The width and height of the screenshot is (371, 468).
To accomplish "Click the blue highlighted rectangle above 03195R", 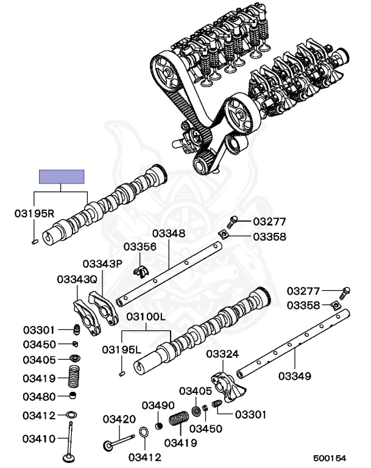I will [x=62, y=177].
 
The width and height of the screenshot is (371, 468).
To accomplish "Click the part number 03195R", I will [x=34, y=214].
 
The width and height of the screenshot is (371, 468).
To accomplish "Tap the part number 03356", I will [x=140, y=247].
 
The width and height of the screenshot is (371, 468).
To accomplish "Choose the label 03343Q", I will [x=77, y=279].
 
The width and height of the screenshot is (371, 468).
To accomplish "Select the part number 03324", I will [x=222, y=354].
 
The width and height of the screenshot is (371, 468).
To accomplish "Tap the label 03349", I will [x=295, y=375].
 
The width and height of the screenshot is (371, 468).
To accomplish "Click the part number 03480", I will [x=40, y=397].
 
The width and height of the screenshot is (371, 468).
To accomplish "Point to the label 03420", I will [x=119, y=419].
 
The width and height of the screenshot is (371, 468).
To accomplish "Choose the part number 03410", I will [x=40, y=438].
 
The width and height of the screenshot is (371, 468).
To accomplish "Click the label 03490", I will [x=158, y=406].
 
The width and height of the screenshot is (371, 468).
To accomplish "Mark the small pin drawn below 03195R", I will [x=34, y=243].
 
